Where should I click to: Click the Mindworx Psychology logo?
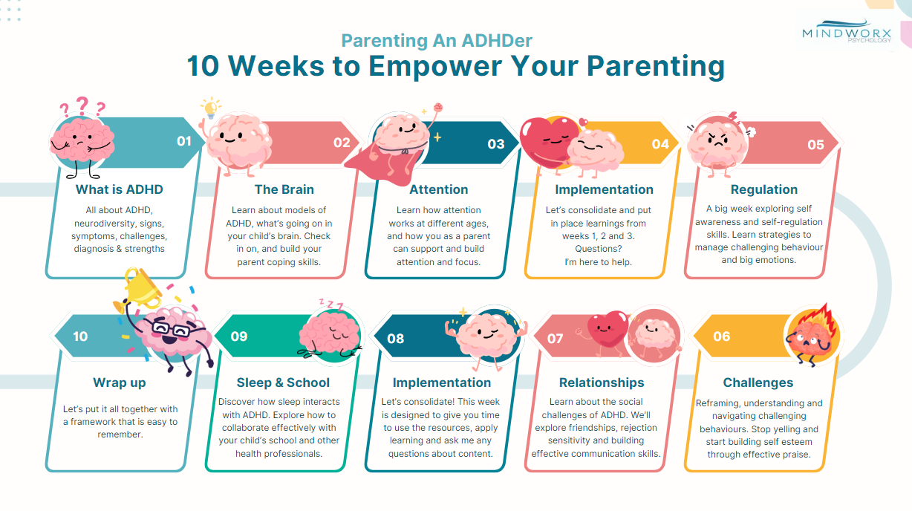847,31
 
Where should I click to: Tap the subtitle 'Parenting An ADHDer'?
437,40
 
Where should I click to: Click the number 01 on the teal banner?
184,141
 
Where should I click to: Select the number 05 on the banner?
815,145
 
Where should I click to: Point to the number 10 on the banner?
80,336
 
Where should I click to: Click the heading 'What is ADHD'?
120,189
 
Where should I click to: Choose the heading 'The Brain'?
284,189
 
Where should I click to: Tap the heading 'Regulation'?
763,189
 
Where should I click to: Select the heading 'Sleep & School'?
283,383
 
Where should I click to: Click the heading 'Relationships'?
602,383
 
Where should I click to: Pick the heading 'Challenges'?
758,383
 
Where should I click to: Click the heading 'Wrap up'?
120,383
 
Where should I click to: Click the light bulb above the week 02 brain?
211,108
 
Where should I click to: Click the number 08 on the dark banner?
395,339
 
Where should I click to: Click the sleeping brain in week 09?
330,334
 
